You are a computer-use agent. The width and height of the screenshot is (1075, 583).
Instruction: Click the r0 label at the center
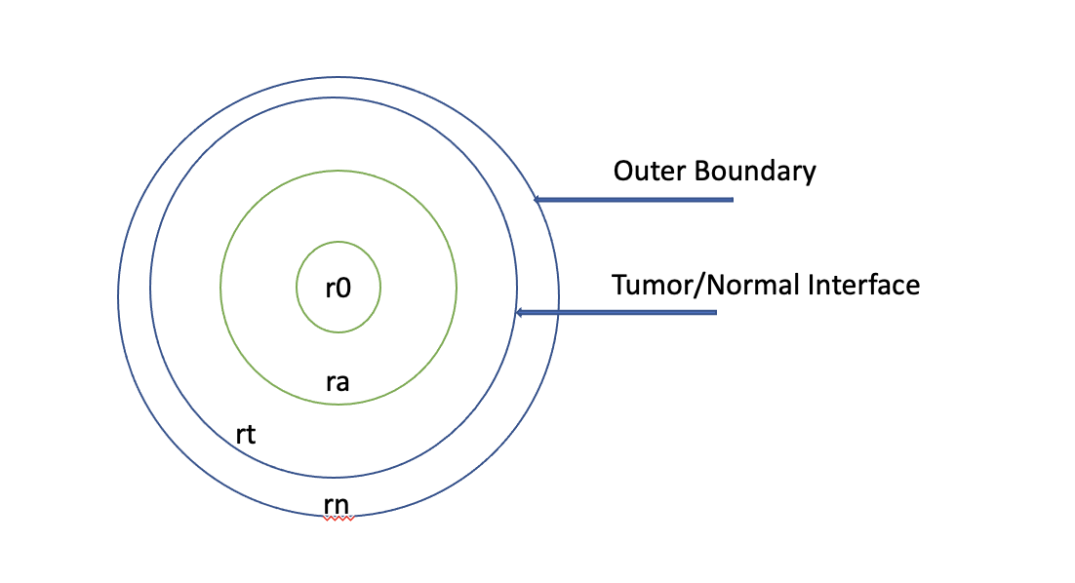[x=338, y=289]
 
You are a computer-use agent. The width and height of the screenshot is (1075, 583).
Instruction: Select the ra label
[x=338, y=381]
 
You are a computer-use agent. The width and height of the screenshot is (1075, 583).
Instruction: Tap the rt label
[x=246, y=434]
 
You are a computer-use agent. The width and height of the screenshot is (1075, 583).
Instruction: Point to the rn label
[x=337, y=504]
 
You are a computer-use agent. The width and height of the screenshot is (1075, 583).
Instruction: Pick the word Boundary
[x=755, y=172]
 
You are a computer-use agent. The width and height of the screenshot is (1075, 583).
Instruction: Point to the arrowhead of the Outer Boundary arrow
[x=537, y=200]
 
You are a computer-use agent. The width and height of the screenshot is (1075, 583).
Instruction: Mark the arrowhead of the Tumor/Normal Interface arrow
[x=520, y=313]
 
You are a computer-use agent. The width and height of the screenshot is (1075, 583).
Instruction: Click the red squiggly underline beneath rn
[x=338, y=519]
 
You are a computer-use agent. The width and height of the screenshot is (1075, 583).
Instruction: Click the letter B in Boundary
[x=700, y=172]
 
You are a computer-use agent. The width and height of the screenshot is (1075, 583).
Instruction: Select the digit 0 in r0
[x=343, y=289]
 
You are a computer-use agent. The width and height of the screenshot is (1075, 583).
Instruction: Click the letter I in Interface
[x=812, y=286]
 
